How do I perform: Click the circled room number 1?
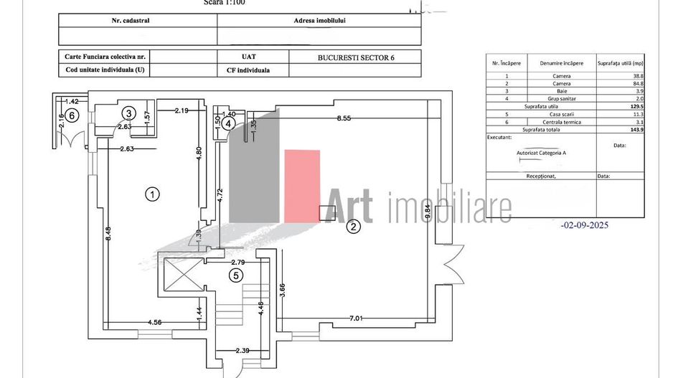point(151,193)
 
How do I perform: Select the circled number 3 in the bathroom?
point(128,113)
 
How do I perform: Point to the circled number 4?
point(227,123)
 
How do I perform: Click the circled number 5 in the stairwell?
point(236,275)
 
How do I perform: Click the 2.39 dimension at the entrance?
point(244,351)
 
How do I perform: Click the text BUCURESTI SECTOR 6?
point(355,57)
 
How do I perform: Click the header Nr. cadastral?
point(137,20)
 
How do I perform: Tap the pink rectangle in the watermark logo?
point(302,184)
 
